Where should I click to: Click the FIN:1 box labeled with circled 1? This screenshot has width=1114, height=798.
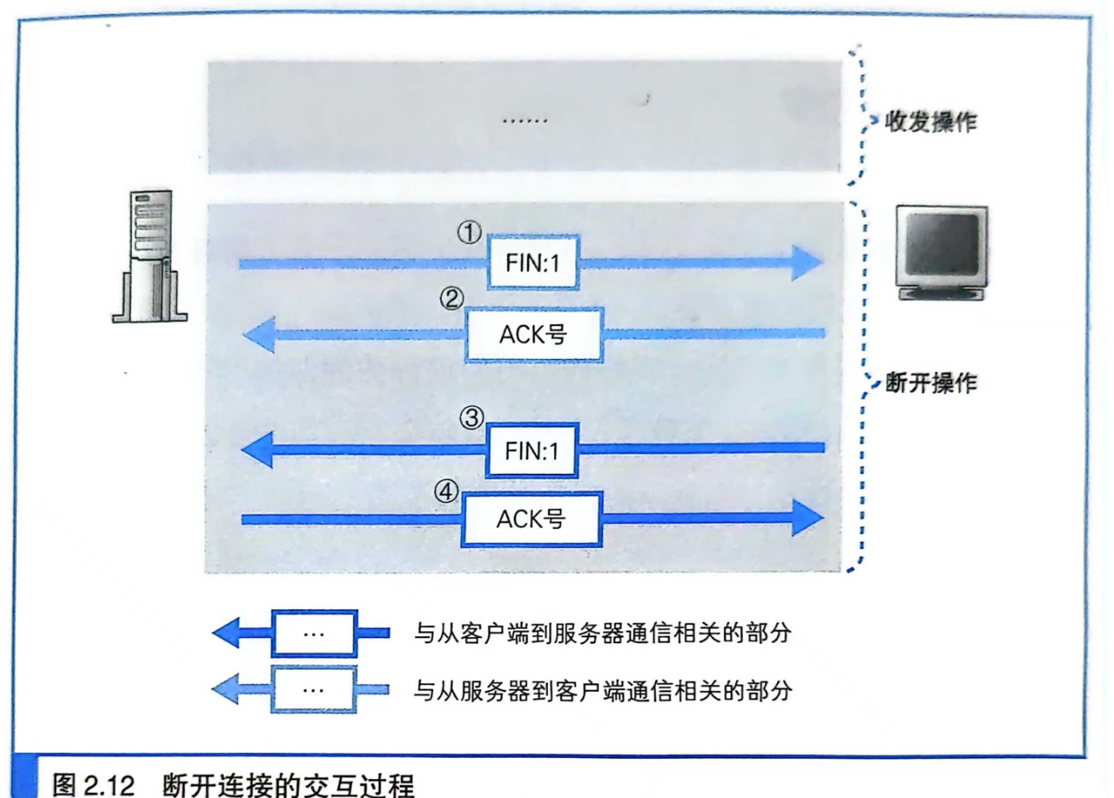[533, 263]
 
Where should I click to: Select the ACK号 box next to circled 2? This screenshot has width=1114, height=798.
[534, 334]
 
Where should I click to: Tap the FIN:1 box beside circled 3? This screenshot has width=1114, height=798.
[532, 450]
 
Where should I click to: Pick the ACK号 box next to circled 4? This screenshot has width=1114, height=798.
[531, 519]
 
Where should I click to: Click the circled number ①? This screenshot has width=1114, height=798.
[469, 232]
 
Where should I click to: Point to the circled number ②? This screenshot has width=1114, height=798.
[451, 299]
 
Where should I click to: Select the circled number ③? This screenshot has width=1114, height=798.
[471, 419]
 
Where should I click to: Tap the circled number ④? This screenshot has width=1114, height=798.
[446, 491]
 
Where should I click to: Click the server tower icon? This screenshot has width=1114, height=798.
[151, 256]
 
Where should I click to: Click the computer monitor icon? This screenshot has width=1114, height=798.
[941, 252]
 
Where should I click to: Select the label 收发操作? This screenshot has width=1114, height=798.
[931, 123]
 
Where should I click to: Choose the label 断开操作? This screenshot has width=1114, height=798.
[931, 383]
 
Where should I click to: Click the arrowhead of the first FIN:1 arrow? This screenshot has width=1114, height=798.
[806, 263]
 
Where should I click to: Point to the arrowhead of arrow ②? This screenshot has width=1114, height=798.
[259, 334]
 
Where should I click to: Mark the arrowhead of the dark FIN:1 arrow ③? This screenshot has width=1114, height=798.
[257, 449]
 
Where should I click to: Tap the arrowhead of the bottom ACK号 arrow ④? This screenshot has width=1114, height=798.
[806, 518]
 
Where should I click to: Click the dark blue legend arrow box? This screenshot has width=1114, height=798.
[313, 634]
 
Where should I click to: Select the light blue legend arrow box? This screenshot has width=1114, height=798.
[313, 689]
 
